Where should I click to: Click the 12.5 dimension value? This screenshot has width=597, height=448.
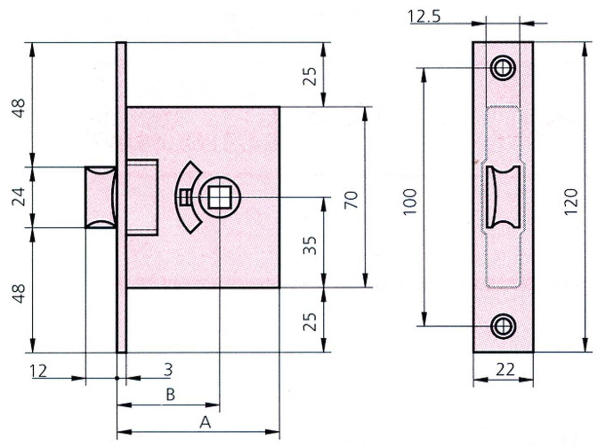point(424,17)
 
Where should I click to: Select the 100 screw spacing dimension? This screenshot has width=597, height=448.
point(410,201)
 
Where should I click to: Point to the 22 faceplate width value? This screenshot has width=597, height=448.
point(505,370)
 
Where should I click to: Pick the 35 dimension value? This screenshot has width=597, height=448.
point(310,245)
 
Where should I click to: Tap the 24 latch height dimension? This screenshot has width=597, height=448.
point(19,197)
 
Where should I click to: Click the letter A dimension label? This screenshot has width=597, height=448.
point(205,422)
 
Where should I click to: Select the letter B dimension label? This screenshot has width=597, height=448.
point(171,395)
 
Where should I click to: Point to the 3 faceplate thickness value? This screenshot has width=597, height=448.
point(168,370)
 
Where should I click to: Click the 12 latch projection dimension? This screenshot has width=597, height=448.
point(38,371)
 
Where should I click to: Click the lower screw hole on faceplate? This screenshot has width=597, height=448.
point(503,326)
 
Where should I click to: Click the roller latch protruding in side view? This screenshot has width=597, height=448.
point(99,197)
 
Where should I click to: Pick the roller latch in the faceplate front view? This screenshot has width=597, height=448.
point(503,196)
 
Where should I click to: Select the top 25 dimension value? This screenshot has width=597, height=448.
point(310,76)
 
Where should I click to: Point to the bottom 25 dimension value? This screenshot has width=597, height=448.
point(310,321)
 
